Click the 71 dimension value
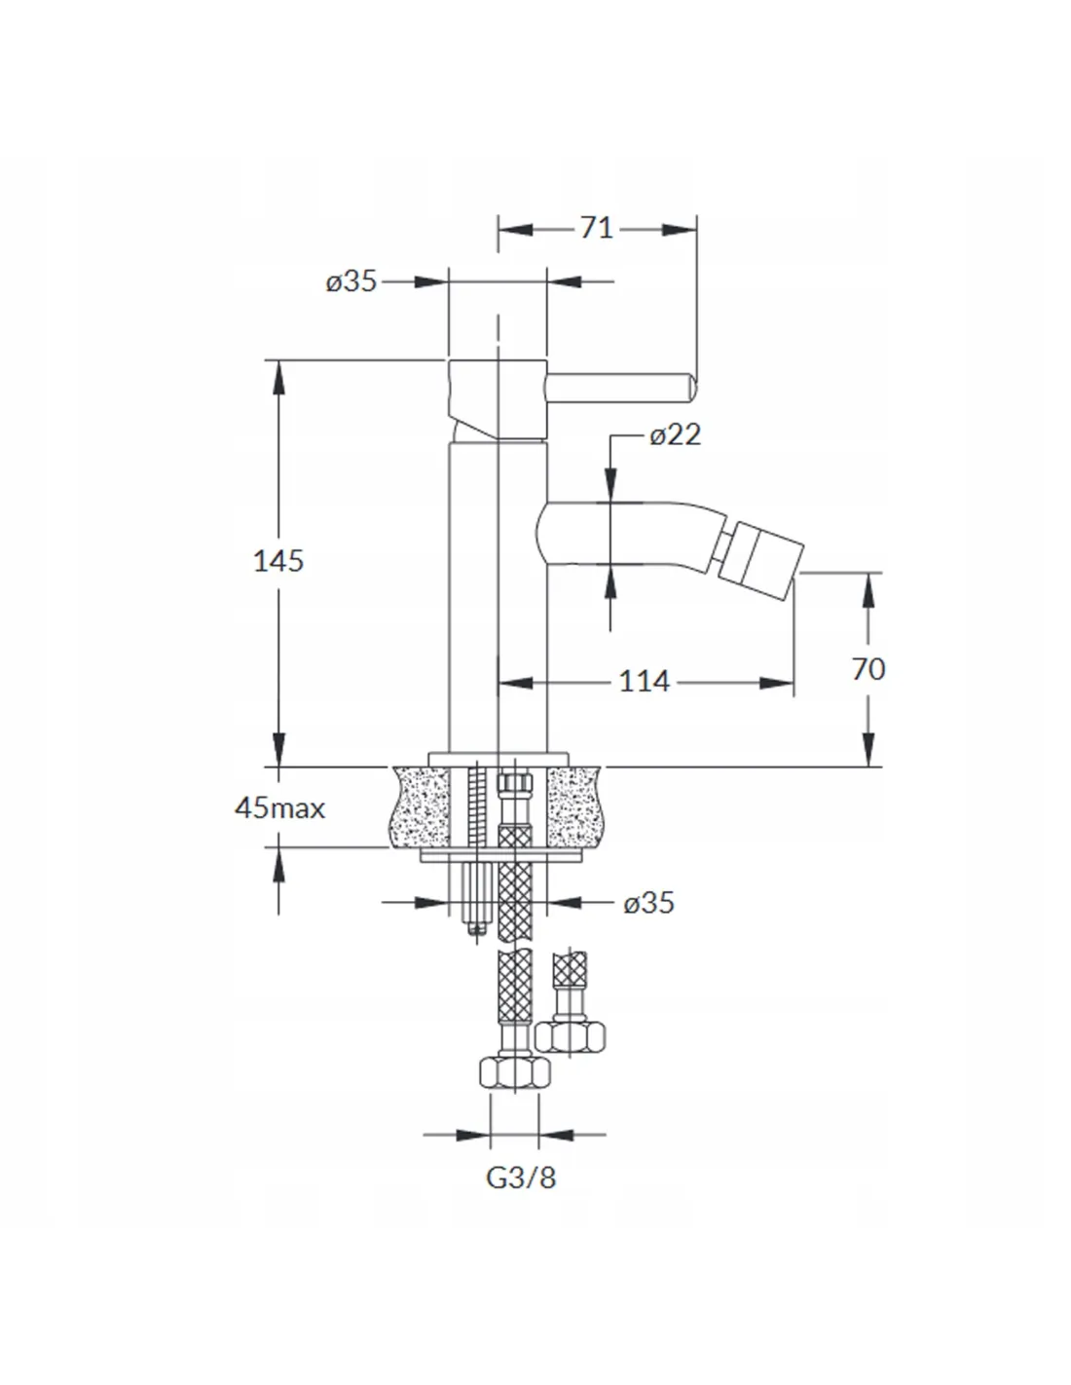click(x=596, y=228)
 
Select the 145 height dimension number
click(x=277, y=562)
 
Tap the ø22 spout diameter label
click(x=676, y=434)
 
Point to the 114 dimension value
click(x=645, y=682)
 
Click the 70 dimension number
click(x=868, y=669)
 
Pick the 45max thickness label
click(x=279, y=808)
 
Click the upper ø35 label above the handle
click(x=351, y=281)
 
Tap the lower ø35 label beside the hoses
click(x=648, y=903)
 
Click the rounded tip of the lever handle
click(x=692, y=388)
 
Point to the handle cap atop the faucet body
click(x=498, y=399)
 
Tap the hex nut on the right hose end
click(x=570, y=1035)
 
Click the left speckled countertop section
click(x=420, y=807)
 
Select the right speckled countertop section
click(x=574, y=807)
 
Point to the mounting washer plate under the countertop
click(x=501, y=855)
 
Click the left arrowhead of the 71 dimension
click(x=515, y=230)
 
